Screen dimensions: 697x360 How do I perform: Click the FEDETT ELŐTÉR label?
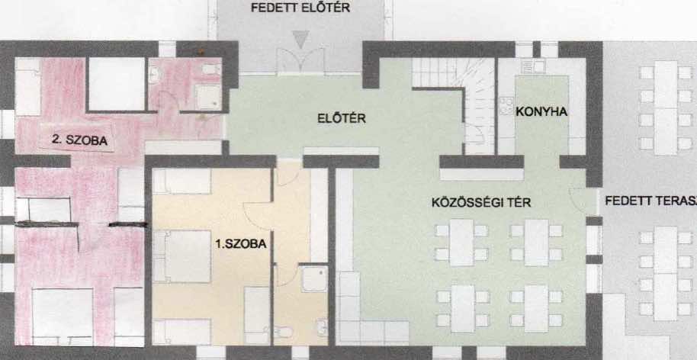pos(300,8)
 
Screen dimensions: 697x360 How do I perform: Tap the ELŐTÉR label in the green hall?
pos(342,119)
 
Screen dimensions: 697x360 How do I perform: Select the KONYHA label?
pos(541,112)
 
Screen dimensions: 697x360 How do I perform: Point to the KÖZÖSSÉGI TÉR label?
pos(481,203)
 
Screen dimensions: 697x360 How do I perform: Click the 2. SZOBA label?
pos(79,140)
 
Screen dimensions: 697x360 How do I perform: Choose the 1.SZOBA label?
pos(240,243)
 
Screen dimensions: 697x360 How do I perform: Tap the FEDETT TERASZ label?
pos(650,201)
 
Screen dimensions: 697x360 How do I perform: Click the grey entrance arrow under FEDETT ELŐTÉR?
pos(301,40)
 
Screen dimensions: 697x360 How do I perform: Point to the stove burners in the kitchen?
pos(506,106)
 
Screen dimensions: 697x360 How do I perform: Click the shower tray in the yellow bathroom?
pos(314,279)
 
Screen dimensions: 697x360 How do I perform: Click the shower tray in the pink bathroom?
pos(207,96)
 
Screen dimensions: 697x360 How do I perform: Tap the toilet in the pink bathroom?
pos(210,69)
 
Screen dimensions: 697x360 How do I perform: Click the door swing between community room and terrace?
pos(581,201)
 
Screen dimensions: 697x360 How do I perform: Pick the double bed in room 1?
pos(181,256)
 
